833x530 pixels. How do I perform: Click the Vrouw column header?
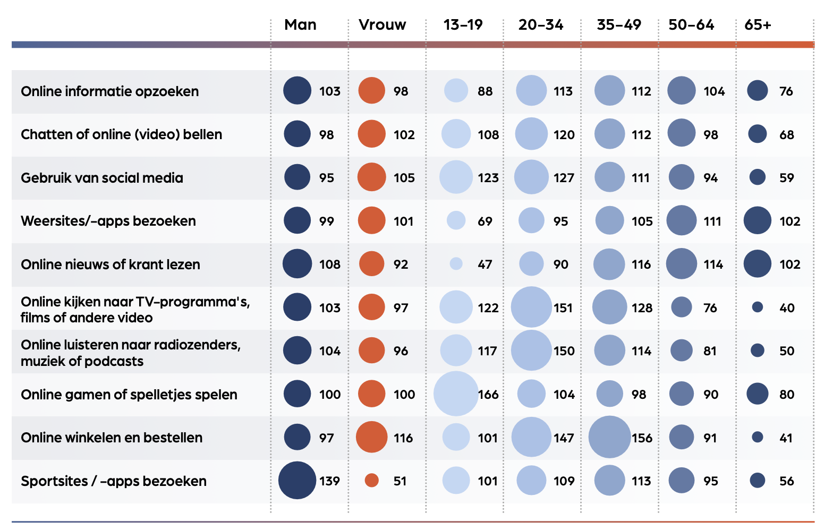tap(382, 25)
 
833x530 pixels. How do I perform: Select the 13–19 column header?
tap(463, 25)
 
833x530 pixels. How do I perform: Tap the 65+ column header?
tap(758, 25)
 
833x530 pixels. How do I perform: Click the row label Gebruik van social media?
tap(102, 178)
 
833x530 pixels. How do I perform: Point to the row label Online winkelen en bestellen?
tap(112, 438)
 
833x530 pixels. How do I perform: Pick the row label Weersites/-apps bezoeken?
tap(108, 221)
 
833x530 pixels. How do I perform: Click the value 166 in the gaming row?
tap(488, 395)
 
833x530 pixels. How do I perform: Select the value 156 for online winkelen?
tap(642, 438)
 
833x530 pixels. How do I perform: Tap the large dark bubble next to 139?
tap(297, 481)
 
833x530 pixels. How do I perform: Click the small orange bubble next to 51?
tap(372, 481)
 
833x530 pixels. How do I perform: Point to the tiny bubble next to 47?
tap(456, 264)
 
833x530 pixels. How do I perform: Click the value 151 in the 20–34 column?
tap(563, 308)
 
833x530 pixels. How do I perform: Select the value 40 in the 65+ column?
tap(787, 308)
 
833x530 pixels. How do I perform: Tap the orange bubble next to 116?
tap(371, 437)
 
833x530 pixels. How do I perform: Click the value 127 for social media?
tap(564, 178)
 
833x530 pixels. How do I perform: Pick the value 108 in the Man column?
tap(329, 264)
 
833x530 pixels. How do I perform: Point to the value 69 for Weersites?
tap(484, 221)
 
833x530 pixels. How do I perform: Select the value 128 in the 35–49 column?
tap(642, 308)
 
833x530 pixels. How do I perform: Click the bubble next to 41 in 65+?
tap(758, 437)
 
